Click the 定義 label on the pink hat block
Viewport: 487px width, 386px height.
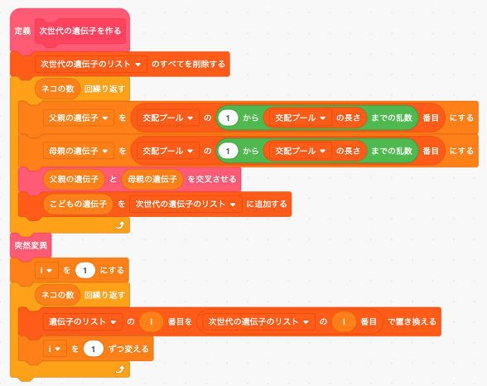[22, 31]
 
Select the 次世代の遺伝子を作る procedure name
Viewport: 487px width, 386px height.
[80, 31]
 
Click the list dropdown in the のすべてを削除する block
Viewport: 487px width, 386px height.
[91, 65]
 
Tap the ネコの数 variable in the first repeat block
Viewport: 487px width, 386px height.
[58, 89]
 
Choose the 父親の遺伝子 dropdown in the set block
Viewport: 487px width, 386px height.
[79, 118]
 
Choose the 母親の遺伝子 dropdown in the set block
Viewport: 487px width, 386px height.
[79, 152]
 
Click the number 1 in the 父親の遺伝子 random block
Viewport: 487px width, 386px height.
[228, 118]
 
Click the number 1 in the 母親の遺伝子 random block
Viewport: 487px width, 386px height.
[228, 152]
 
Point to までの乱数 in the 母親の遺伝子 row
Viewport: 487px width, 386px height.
[392, 152]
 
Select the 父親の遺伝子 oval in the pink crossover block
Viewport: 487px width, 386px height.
[74, 179]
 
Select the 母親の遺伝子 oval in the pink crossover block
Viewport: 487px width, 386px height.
[152, 179]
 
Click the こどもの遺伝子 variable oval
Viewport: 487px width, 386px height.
[78, 204]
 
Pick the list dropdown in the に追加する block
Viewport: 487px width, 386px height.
[186, 204]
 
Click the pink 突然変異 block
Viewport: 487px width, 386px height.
[31, 246]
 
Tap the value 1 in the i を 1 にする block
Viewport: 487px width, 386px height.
[84, 271]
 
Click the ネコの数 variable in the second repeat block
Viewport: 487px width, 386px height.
[58, 295]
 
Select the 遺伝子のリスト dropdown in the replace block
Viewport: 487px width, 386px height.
[83, 321]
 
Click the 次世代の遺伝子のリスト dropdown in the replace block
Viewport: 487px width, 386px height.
[259, 321]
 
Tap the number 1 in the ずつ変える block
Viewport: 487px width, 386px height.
[93, 349]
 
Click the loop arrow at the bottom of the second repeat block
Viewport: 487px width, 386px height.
[120, 369]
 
